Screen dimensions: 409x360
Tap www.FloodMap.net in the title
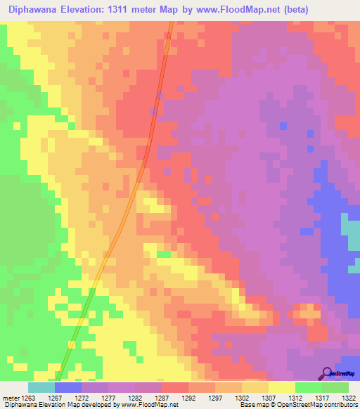[x=238, y=9]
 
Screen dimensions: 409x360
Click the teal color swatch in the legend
[x=41, y=387]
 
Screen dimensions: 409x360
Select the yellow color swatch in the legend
[x=281, y=387]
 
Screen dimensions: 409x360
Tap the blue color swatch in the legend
[x=68, y=387]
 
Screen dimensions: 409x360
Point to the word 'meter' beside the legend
[x=11, y=398]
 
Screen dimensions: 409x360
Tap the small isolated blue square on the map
[x=283, y=125]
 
